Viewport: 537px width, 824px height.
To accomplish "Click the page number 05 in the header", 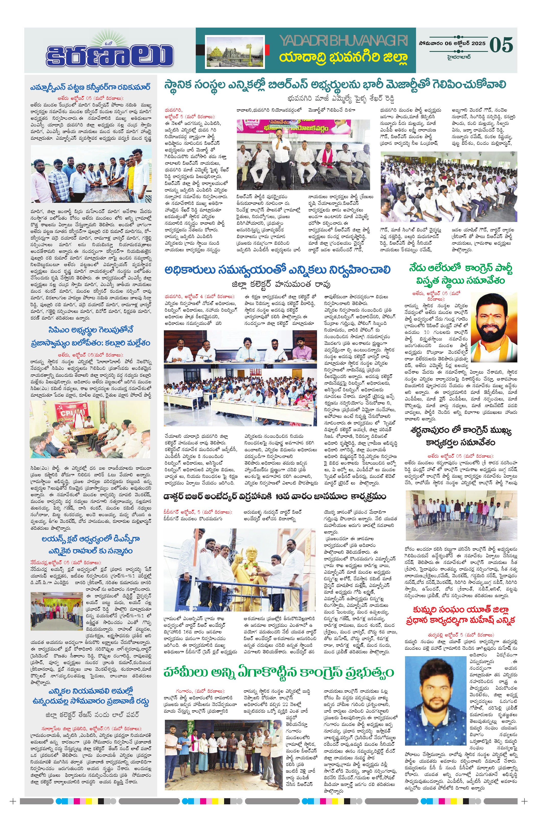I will pyautogui.click(x=501, y=45).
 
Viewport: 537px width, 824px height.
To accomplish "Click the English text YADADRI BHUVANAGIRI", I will pyautogui.click(x=343, y=41).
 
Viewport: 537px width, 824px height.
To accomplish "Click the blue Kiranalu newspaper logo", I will pyautogui.click(x=110, y=54).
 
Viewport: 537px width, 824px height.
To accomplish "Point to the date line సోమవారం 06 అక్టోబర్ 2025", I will pyautogui.click(x=451, y=44).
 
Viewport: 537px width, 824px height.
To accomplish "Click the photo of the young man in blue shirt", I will pyautogui.click(x=436, y=700).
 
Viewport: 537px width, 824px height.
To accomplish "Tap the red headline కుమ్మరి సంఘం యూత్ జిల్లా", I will pyautogui.click(x=460, y=614).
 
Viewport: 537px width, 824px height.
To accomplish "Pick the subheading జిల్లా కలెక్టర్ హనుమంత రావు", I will pyautogui.click(x=281, y=284).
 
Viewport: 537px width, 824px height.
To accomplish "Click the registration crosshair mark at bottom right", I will pyautogui.click(x=524, y=811).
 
